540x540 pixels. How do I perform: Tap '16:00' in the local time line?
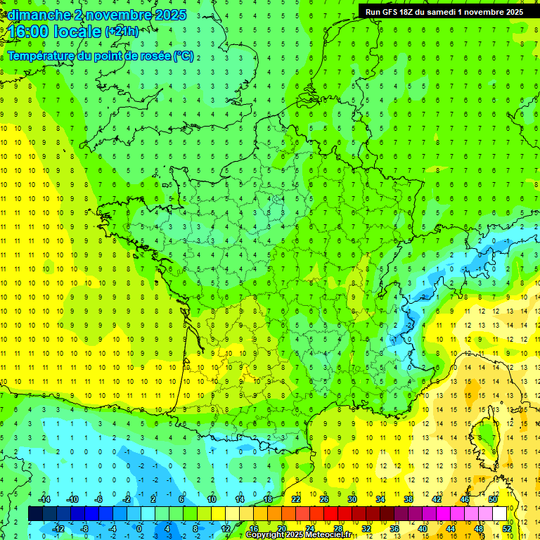pos(28,32)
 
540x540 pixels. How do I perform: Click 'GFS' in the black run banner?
pos(392,12)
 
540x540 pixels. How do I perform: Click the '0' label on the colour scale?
pos(139,529)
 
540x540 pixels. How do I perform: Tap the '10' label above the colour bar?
pos(211,499)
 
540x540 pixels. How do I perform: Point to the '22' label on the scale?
pos(296,499)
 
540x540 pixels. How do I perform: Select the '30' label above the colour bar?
pos(352,499)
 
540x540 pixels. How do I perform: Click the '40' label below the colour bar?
pos(422,529)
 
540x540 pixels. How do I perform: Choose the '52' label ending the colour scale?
pos(507,529)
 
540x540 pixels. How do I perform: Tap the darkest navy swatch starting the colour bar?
pos(35,514)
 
